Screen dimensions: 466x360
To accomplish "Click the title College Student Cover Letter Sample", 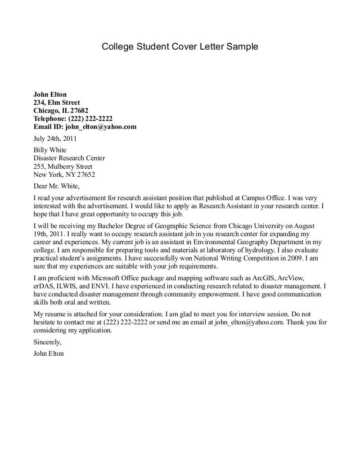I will (x=180, y=46).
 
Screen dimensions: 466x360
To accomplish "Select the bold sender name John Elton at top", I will (x=50, y=94).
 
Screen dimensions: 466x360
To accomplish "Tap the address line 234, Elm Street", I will (x=57, y=103).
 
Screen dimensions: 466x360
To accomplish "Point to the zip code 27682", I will (x=79, y=111).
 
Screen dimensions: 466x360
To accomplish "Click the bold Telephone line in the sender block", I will (x=73, y=119).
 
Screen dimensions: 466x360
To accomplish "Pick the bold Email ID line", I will (x=85, y=127).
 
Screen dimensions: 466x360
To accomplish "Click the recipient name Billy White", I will (x=50, y=150).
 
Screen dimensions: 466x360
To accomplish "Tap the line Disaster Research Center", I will (x=69, y=158).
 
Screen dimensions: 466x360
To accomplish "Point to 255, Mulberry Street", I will (x=63, y=166).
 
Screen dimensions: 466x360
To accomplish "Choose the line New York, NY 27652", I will (x=64, y=175).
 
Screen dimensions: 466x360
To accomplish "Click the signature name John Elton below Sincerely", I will (x=49, y=354).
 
